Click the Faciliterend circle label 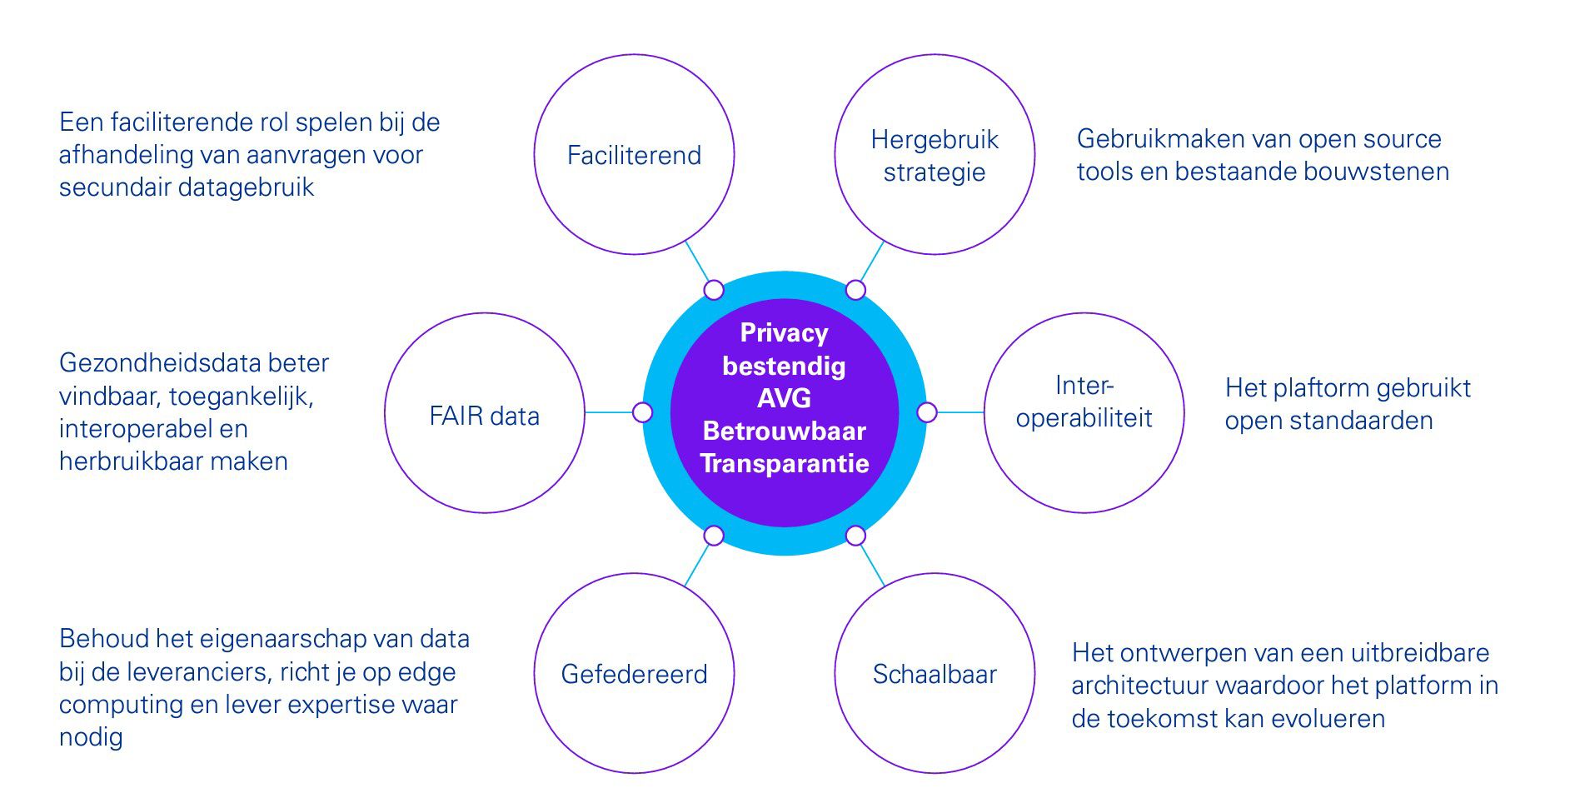click(x=634, y=156)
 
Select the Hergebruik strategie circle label click(x=935, y=156)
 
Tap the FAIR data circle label click(x=484, y=416)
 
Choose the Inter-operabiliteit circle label click(x=1084, y=401)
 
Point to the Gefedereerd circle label click(x=634, y=674)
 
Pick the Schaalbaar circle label click(x=935, y=674)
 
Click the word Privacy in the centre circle click(x=784, y=333)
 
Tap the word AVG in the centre click(x=784, y=398)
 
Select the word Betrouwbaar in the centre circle click(x=784, y=431)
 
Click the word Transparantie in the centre click(x=784, y=463)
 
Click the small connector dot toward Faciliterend click(x=714, y=290)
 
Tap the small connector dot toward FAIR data click(x=642, y=412)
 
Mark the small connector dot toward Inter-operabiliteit click(x=926, y=412)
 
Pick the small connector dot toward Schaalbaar click(x=855, y=535)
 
